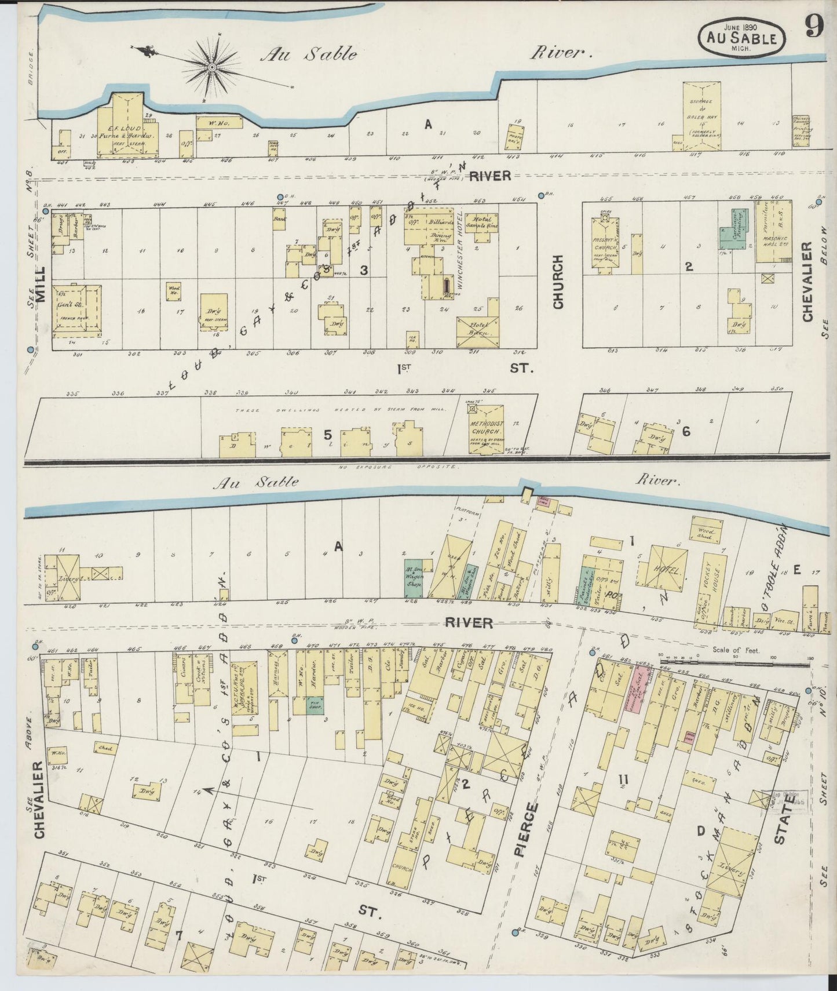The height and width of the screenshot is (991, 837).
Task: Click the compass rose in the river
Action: (x=212, y=68)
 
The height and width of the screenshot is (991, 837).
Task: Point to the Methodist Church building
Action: (x=486, y=428)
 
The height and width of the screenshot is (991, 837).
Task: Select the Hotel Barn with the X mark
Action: (x=478, y=332)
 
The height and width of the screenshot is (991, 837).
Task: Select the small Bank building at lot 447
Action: (x=280, y=219)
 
